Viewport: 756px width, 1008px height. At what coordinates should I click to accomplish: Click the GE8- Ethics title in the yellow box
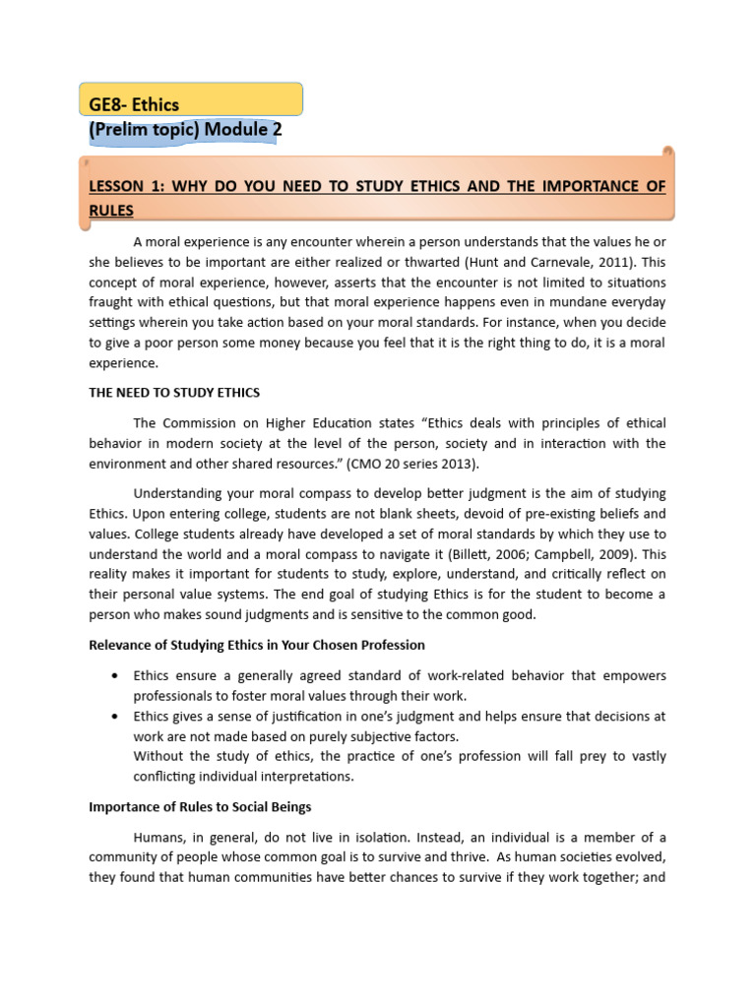pos(134,103)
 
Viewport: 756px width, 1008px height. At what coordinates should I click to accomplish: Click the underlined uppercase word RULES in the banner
pos(111,210)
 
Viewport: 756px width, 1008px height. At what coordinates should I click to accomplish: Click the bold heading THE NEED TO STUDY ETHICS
pos(174,392)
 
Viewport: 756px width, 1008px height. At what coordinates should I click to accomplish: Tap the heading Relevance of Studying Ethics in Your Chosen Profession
pos(257,645)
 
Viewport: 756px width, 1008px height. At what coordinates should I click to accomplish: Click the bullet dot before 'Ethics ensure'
pos(116,676)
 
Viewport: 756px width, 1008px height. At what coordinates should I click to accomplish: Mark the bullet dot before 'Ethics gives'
pos(116,716)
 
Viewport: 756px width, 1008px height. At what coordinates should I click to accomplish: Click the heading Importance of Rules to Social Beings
pos(200,807)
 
